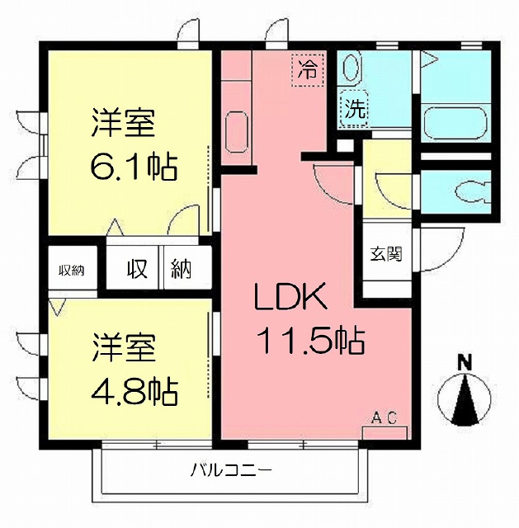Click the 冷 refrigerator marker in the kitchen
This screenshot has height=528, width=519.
[x=308, y=70]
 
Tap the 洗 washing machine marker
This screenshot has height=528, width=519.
[x=355, y=109]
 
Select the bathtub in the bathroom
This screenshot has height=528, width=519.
[x=455, y=123]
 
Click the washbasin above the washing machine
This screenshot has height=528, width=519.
[x=352, y=67]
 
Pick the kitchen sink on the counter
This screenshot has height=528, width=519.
[x=237, y=132]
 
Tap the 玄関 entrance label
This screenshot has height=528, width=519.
[x=386, y=254]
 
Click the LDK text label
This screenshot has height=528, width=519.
[x=290, y=296]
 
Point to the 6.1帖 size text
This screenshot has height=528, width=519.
[x=134, y=167]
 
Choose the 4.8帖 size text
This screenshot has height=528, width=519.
[x=134, y=392]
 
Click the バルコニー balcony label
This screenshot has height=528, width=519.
[x=231, y=469]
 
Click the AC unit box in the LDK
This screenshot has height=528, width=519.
[x=385, y=433]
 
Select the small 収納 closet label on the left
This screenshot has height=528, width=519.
[x=72, y=271]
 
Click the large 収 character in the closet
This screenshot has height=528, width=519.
[x=137, y=269]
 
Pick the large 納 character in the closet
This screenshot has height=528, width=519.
[x=182, y=269]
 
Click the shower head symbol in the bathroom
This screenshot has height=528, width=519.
[x=429, y=60]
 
